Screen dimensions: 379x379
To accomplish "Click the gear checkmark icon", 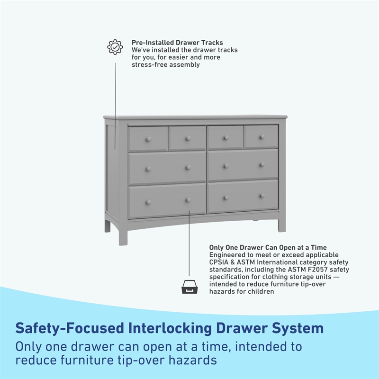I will pyautogui.click(x=115, y=46).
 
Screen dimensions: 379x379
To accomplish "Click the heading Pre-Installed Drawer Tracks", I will pyautogui.click(x=177, y=43).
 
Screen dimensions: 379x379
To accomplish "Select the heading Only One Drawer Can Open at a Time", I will pyautogui.click(x=268, y=247).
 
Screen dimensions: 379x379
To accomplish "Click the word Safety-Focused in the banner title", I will pyautogui.click(x=68, y=328).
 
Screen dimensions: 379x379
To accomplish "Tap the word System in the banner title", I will pyautogui.click(x=297, y=328).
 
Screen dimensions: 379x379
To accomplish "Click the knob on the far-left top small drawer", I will pyautogui.click(x=148, y=139).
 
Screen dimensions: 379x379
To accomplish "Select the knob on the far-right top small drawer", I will pyautogui.click(x=261, y=137).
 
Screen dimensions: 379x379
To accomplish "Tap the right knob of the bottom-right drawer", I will pyautogui.click(x=262, y=195).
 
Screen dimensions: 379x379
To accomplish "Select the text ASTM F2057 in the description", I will pyautogui.click(x=308, y=269).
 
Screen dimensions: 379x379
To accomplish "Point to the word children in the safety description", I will pyautogui.click(x=261, y=291).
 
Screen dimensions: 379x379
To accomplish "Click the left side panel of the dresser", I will pyautogui.click(x=112, y=166).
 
